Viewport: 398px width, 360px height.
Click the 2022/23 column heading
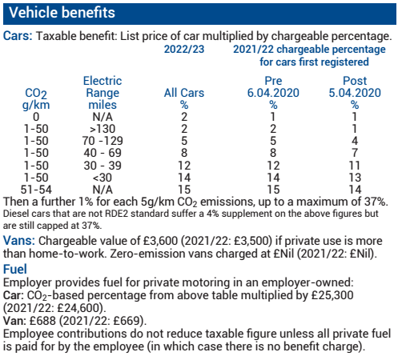(183, 49)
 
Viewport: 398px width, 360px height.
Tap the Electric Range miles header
(103, 93)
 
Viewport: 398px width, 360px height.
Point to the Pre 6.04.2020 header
(273, 93)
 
